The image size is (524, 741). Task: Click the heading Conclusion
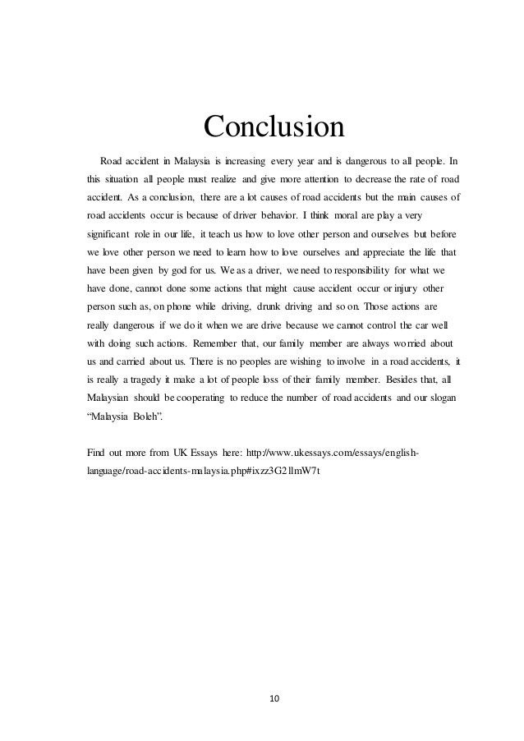tap(274, 127)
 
